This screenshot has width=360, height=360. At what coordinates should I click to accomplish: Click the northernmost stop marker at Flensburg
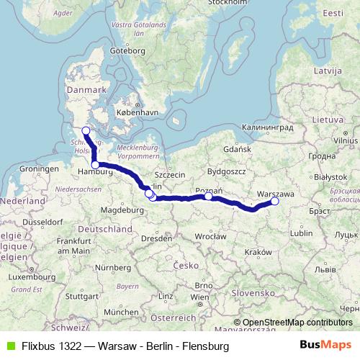(x=86, y=130)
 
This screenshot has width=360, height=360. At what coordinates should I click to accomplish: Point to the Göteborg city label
(x=128, y=51)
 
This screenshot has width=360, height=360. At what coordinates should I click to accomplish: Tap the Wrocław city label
(x=210, y=235)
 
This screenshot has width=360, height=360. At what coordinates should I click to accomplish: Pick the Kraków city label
(x=257, y=252)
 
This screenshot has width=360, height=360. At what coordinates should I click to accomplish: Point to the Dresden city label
(x=156, y=238)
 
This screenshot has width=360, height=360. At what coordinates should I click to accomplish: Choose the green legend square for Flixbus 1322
(x=9, y=346)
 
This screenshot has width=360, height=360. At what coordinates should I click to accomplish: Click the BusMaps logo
(x=330, y=346)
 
